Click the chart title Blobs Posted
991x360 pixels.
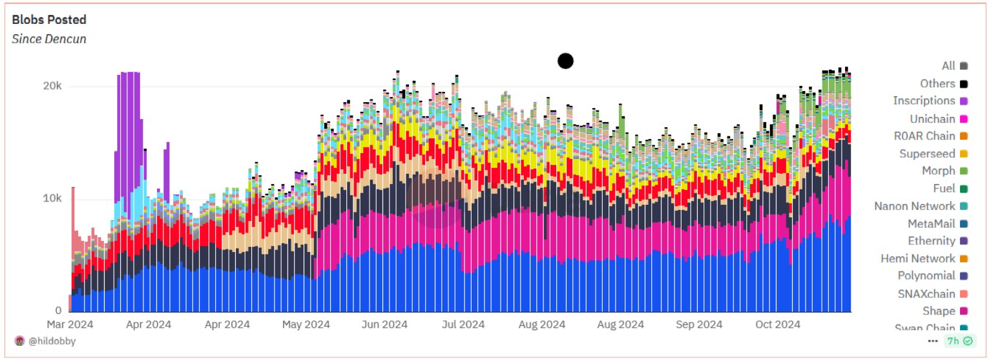coord(49,20)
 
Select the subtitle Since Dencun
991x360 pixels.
coord(49,39)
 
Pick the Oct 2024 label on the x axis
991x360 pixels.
coord(778,324)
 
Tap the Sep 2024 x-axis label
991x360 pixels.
coord(700,324)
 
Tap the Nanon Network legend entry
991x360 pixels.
coord(914,206)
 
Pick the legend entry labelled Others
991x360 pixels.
coord(937,83)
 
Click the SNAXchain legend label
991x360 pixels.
coord(926,293)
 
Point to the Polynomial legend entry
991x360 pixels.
coord(926,276)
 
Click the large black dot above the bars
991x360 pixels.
coord(565,61)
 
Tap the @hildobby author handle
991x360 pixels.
coord(51,341)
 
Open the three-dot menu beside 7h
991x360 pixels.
coord(933,341)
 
